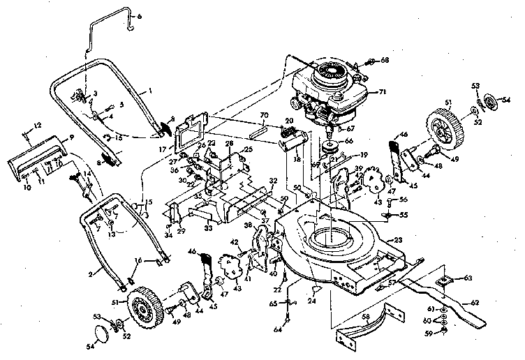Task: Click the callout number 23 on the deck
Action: coord(399,239)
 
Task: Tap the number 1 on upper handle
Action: coord(149,91)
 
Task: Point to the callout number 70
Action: coord(264,114)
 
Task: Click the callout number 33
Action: coord(209,227)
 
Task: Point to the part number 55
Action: coord(401,216)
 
